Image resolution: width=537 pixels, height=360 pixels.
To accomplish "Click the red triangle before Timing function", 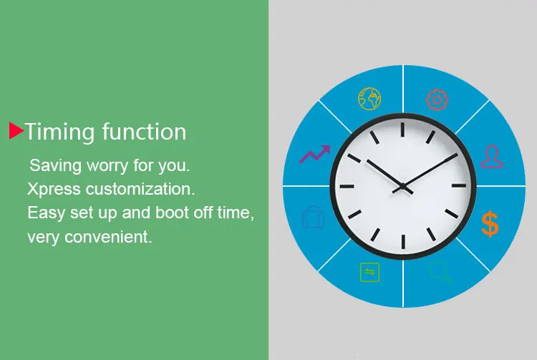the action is click(x=16, y=131).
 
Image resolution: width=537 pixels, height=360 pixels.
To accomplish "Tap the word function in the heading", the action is click(x=144, y=132).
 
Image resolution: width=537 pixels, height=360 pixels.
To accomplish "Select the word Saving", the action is click(x=55, y=166).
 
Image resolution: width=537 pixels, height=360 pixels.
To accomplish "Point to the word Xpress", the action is click(x=54, y=190).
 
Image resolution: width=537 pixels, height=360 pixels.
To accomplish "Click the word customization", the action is click(x=140, y=189).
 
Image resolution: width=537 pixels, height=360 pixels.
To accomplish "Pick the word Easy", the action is click(x=46, y=213).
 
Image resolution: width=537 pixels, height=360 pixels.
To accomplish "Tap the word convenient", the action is click(x=108, y=237).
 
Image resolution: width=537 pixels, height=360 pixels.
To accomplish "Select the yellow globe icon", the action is click(x=369, y=99).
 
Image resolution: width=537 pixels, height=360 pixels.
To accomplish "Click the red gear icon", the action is click(x=437, y=100).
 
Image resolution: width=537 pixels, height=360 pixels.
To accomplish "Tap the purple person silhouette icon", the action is click(x=492, y=157).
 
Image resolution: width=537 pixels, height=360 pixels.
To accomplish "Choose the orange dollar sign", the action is click(x=490, y=224).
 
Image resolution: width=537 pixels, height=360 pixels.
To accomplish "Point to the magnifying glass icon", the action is click(x=440, y=272).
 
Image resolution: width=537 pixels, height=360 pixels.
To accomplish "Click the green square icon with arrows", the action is click(x=370, y=273).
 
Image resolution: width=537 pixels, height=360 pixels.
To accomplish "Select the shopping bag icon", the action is click(x=313, y=217).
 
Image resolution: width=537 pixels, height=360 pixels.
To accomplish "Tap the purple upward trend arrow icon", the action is click(x=315, y=154).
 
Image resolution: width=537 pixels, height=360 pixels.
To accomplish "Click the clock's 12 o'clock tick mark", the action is click(x=402, y=130).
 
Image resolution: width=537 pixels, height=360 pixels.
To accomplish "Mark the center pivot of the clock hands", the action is click(x=403, y=187).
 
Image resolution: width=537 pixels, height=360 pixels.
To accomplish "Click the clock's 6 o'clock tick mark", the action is click(x=403, y=242).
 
